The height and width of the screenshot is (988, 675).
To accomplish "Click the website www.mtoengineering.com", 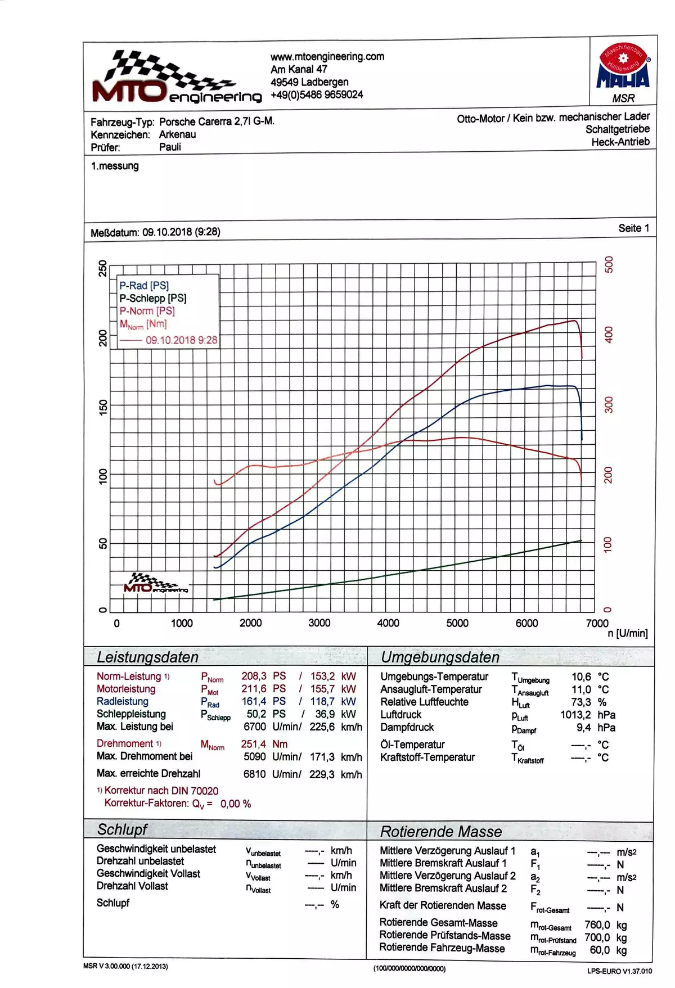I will [327, 56].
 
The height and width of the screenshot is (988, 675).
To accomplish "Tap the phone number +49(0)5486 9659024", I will [317, 94].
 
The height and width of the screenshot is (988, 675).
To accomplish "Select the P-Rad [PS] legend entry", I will [144, 286].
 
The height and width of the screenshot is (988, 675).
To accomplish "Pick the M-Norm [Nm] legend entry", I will [143, 324].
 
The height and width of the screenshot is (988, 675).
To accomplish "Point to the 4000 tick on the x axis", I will [388, 623].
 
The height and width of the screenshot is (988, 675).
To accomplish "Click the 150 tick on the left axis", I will [103, 407].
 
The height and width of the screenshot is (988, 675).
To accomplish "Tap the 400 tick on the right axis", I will [608, 335].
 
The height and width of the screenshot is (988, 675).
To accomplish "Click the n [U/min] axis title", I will [627, 634].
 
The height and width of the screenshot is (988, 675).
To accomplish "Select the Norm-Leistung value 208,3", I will [254, 676].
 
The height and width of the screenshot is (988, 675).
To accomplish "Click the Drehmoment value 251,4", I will [253, 744].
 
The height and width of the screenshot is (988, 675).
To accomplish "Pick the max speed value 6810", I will [254, 774].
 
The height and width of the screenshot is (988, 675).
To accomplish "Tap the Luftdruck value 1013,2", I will [575, 715].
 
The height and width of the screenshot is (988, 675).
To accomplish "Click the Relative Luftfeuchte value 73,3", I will [580, 702].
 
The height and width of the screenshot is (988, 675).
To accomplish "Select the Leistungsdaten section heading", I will [147, 657].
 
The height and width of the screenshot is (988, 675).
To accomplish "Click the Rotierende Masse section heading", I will [440, 832].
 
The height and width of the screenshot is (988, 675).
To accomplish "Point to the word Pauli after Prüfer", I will [170, 147].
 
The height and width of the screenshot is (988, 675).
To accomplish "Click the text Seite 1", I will [633, 228].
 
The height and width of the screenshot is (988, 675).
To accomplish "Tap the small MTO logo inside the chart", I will [155, 584].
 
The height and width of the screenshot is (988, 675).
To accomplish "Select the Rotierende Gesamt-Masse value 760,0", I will [597, 925].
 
